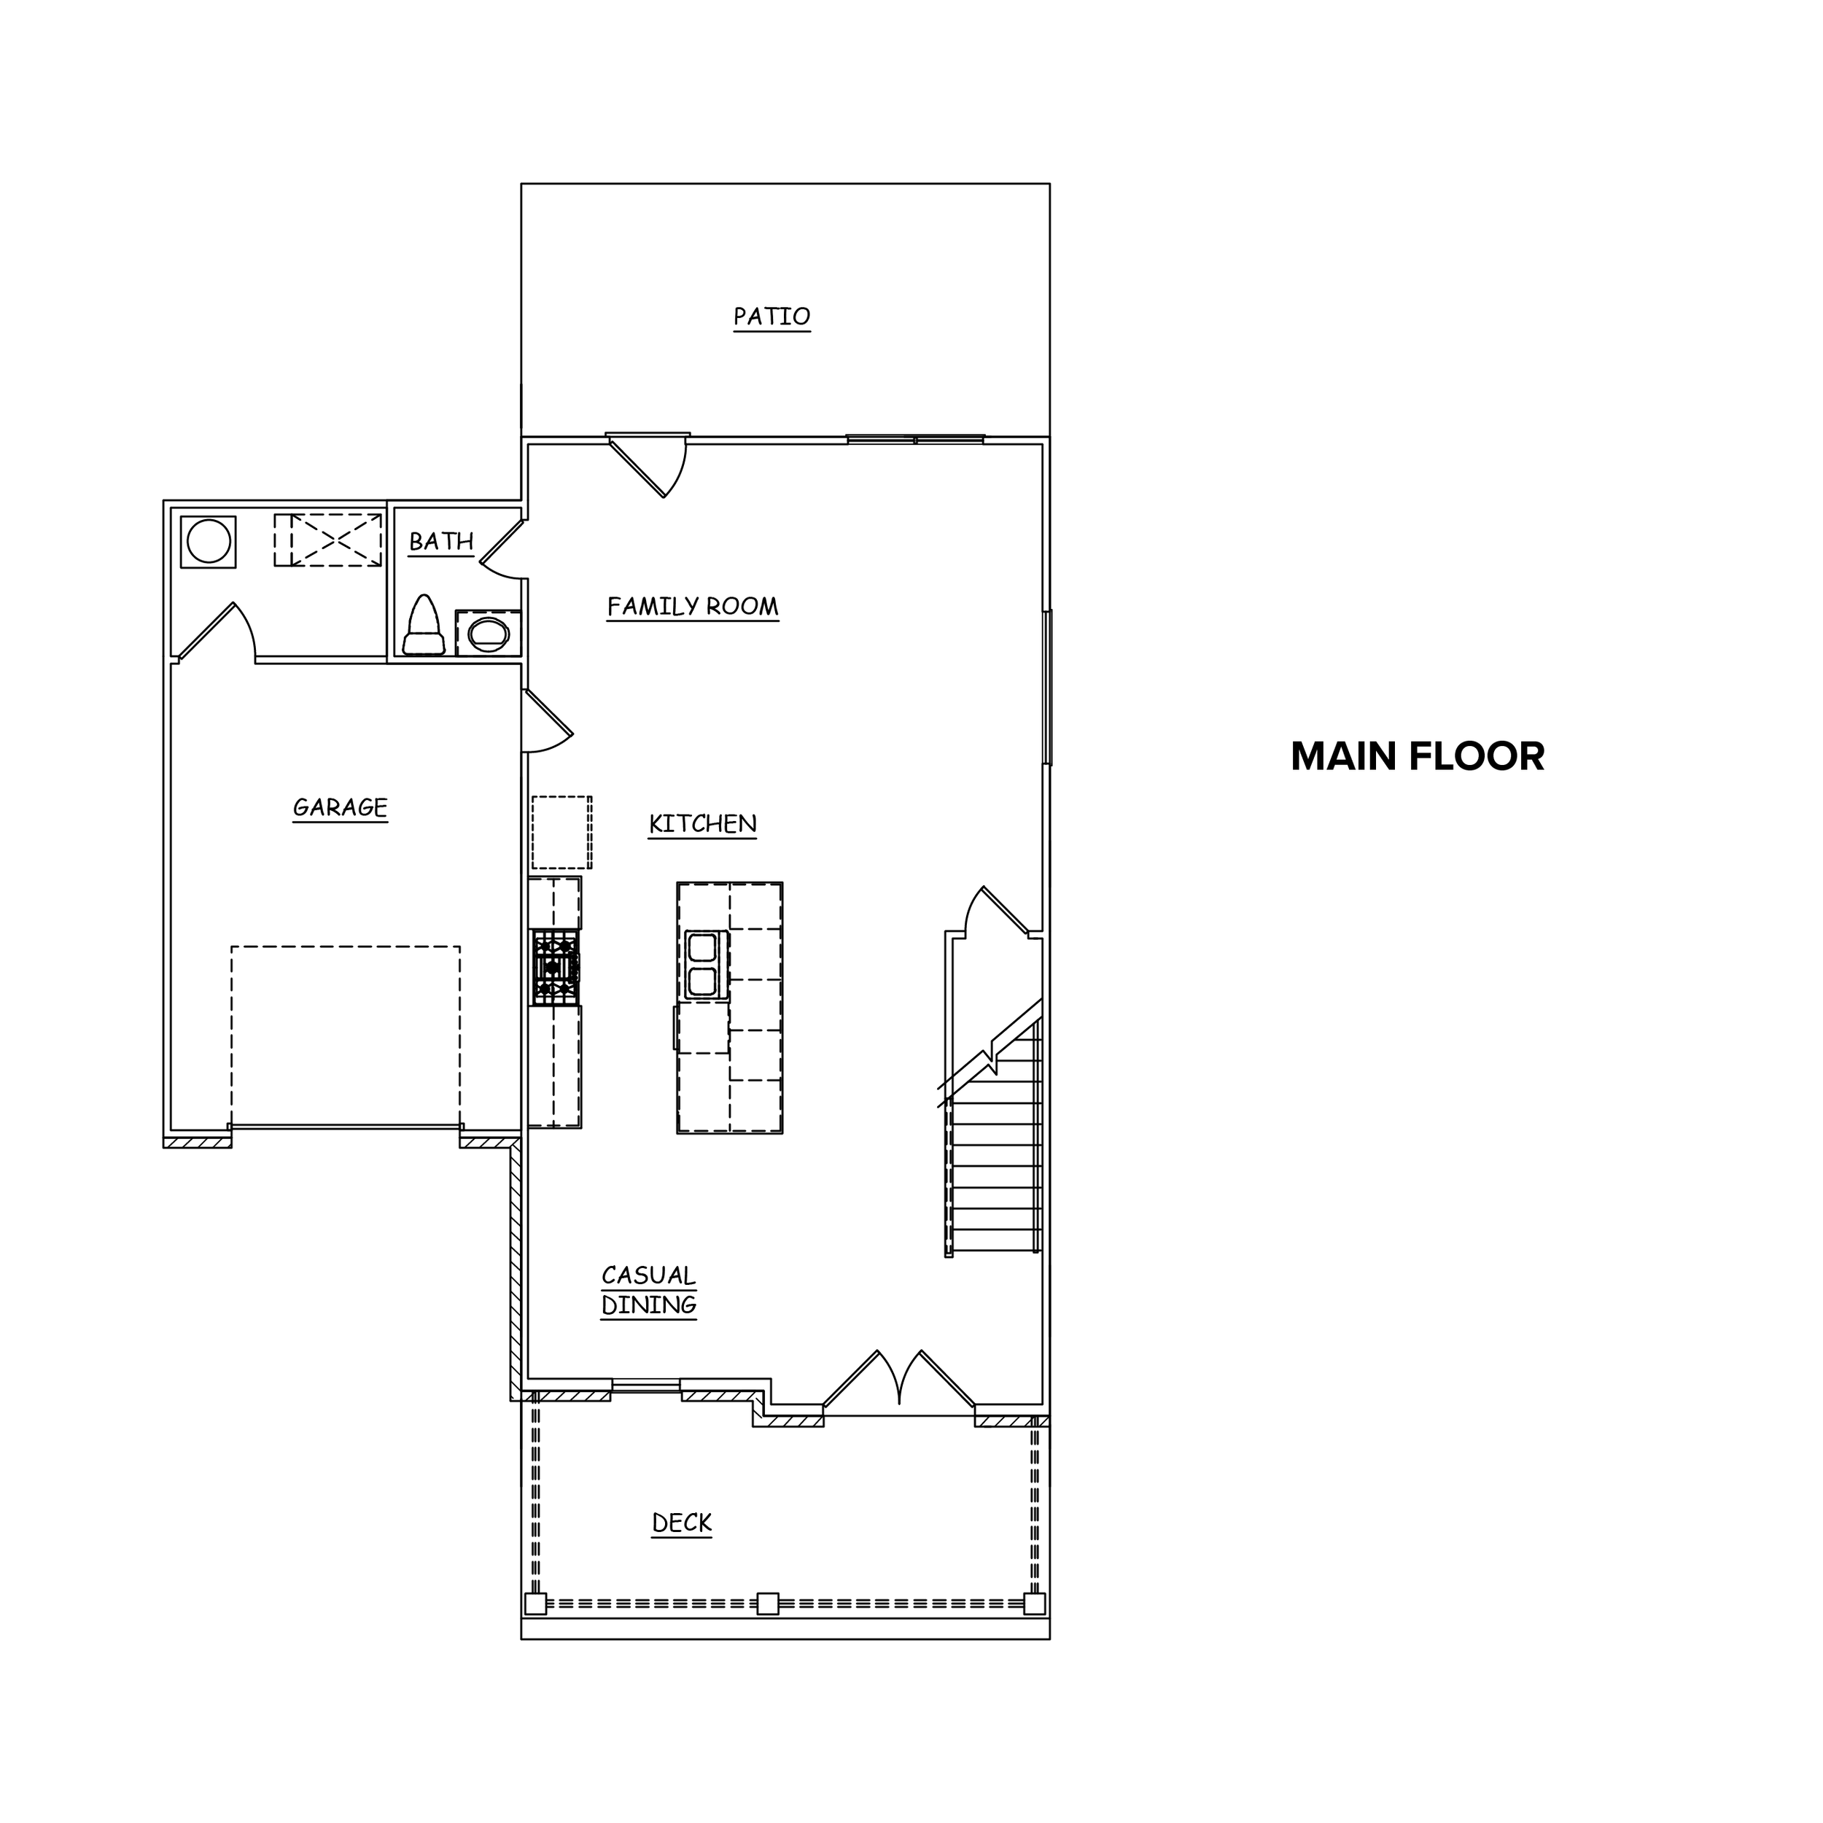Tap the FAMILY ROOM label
[693, 607]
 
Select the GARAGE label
[340, 808]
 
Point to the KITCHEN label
[703, 824]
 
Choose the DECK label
[681, 1523]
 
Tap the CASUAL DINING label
[649, 1290]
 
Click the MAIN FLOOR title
[1418, 757]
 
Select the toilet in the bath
[424, 625]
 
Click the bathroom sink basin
[489, 634]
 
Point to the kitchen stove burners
[555, 967]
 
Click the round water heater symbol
[209, 542]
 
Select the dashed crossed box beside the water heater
[328, 540]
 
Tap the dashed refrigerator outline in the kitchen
[561, 832]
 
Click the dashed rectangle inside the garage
[346, 1036]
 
